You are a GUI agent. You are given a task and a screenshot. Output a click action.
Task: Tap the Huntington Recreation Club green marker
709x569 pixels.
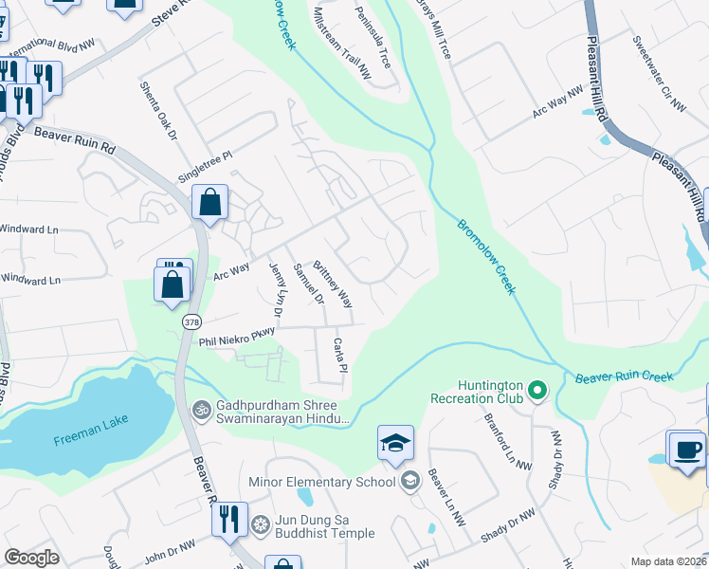tap(537, 390)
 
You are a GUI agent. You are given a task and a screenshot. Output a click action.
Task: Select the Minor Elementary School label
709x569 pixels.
tap(321, 482)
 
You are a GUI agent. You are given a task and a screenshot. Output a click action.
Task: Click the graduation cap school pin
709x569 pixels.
tap(395, 444)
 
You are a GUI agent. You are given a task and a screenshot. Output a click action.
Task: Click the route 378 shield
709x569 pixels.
tap(192, 323)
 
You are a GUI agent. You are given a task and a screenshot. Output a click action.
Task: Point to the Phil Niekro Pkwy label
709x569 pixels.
tap(236, 330)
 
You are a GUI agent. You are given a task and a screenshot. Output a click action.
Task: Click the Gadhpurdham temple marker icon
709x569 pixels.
tap(201, 410)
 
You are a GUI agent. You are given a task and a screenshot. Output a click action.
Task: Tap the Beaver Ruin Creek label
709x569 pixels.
tap(625, 377)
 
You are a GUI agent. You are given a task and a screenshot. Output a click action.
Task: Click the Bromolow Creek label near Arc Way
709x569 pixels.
tap(486, 257)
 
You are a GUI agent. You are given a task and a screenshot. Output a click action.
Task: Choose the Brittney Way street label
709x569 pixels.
tap(333, 284)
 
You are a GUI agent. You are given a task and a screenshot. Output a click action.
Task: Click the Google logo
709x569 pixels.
tap(31, 558)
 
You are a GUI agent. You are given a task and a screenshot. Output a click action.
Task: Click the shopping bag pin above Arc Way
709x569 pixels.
tap(209, 202)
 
